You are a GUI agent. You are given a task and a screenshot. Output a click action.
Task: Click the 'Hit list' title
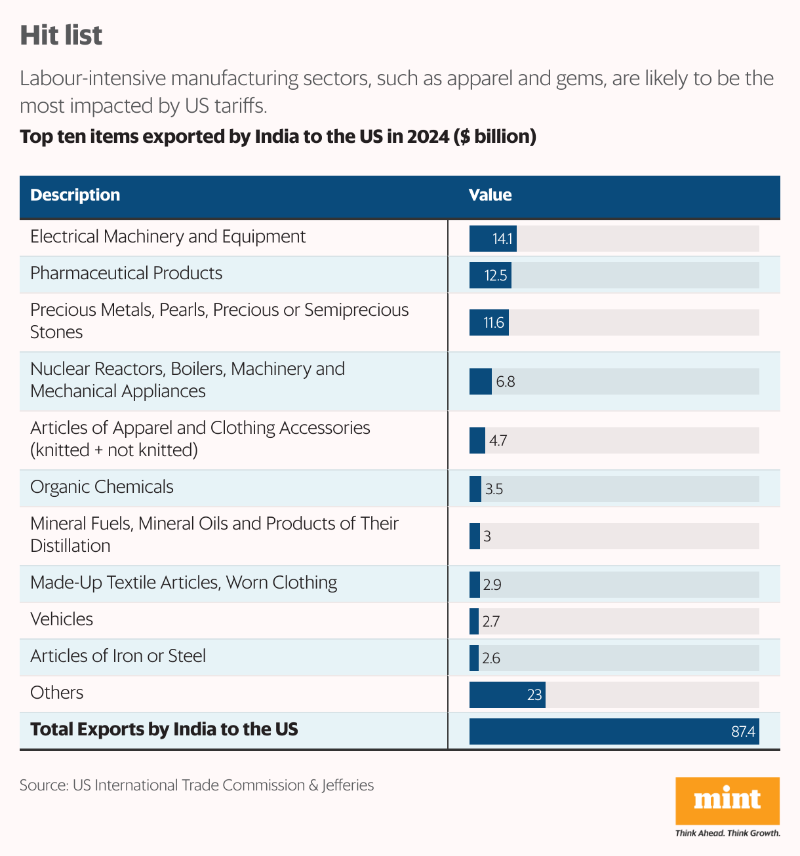tap(61, 35)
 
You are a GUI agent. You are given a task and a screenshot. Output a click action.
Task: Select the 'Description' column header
tap(75, 195)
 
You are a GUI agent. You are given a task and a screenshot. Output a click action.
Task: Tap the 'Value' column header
tap(490, 195)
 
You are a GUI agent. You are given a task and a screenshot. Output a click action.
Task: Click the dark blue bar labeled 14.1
tap(492, 239)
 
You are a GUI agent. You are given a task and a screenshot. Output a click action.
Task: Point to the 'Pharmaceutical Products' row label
tap(127, 273)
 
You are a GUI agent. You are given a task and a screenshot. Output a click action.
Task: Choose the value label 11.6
tap(494, 322)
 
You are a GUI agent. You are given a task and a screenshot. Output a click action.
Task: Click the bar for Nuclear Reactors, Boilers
tap(481, 381)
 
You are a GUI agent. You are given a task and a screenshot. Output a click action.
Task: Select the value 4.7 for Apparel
tap(498, 440)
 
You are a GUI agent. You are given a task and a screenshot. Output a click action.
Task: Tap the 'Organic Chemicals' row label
tap(102, 487)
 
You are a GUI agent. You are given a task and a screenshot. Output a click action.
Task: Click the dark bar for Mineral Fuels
tap(475, 536)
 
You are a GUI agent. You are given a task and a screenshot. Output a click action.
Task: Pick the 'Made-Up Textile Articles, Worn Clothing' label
tap(184, 583)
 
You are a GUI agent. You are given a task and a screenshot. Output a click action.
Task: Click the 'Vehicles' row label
tap(62, 619)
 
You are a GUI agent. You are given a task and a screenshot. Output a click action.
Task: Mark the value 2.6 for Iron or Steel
tap(491, 658)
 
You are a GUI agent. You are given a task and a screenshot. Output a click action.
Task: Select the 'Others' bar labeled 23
tap(507, 695)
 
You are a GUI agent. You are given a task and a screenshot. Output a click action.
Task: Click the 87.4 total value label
tap(743, 731)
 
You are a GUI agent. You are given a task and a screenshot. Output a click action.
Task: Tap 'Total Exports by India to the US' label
tap(164, 730)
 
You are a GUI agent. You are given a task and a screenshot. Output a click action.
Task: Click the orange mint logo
tap(727, 800)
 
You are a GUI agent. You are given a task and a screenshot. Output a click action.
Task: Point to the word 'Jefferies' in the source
tap(348, 785)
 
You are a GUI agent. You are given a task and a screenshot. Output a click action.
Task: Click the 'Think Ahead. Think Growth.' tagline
tap(727, 833)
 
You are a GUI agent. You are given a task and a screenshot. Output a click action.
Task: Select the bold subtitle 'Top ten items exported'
tap(278, 137)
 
